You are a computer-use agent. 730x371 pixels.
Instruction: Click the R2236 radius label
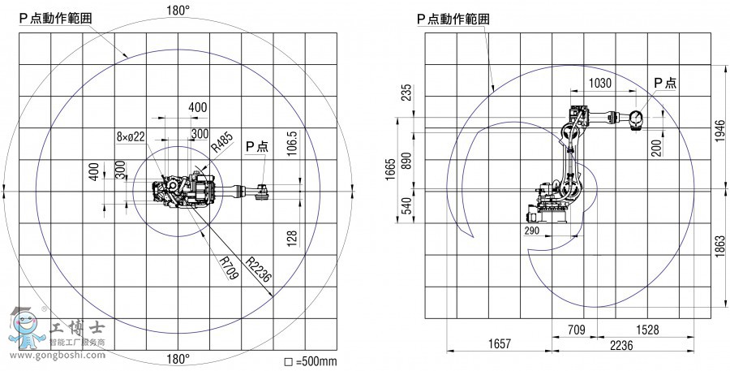click(258, 270)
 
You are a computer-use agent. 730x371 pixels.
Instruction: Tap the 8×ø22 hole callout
click(131, 136)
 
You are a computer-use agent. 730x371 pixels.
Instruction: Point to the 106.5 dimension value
click(294, 145)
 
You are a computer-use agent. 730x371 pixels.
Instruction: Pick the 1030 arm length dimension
click(600, 83)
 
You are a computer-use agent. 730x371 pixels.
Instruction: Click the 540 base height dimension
click(406, 206)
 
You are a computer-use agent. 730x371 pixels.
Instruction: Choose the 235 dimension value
click(406, 93)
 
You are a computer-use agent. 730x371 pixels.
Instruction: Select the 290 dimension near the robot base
click(531, 231)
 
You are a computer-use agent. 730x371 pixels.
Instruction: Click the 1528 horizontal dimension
click(647, 330)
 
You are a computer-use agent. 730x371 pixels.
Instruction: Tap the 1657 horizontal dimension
click(499, 344)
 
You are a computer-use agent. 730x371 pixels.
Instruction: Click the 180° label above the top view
click(178, 11)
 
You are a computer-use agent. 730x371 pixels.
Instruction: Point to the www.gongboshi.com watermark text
click(58, 355)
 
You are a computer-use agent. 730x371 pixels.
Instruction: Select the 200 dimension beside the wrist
click(657, 148)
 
